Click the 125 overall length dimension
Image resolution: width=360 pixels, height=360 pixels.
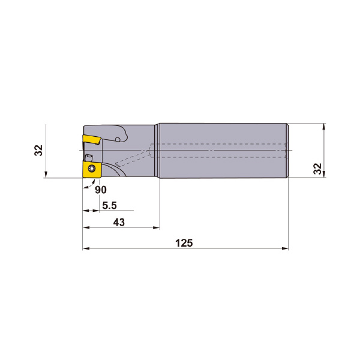tap(184, 243)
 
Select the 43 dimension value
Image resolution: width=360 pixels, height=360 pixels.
tap(119, 222)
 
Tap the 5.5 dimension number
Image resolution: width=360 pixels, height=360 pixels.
tap(110, 205)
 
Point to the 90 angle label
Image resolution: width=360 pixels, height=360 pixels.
tap(101, 190)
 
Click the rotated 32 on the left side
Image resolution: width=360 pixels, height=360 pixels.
tap(38, 151)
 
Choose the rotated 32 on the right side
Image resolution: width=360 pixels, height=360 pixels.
tap(318, 169)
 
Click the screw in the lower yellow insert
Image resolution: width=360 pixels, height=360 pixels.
tap(92, 169)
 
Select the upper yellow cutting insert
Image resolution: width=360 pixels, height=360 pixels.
tap(92, 140)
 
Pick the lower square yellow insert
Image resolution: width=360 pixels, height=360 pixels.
tap(92, 169)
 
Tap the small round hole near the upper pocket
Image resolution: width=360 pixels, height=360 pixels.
tap(118, 139)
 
